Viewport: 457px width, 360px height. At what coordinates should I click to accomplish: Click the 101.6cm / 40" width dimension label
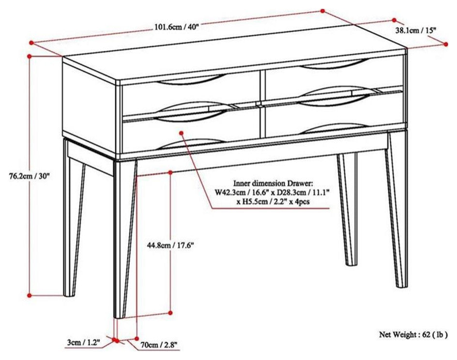(x=177, y=27)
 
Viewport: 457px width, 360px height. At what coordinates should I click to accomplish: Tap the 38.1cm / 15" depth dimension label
(x=416, y=30)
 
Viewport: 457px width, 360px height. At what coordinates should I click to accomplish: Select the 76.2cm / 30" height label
(x=30, y=176)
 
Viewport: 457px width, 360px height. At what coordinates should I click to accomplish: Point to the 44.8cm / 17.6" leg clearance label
(x=170, y=245)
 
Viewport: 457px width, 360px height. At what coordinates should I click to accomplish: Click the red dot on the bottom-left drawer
(x=181, y=132)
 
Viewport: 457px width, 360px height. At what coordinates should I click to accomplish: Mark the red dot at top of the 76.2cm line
(x=30, y=57)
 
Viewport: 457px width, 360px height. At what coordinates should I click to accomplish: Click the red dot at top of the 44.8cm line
(x=170, y=172)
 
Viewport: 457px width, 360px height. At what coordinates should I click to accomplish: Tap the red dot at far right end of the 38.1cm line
(x=445, y=44)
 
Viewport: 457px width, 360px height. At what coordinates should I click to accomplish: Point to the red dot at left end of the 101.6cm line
(x=30, y=42)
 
